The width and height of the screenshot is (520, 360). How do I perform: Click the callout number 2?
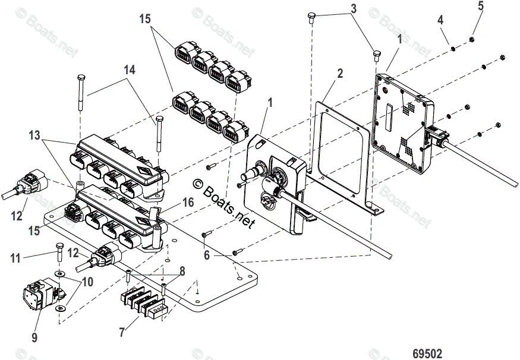[x=340, y=74]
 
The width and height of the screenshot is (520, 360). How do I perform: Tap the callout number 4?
[x=440, y=20]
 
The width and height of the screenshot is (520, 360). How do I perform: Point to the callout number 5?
[x=480, y=7]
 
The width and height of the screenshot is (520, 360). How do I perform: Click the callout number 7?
[x=122, y=331]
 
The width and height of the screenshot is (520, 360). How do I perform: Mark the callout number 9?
[x=34, y=337]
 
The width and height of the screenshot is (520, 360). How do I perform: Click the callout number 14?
[x=130, y=70]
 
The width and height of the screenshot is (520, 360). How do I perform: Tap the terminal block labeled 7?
[x=143, y=301]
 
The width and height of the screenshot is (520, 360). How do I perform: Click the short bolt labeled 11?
[x=59, y=254]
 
